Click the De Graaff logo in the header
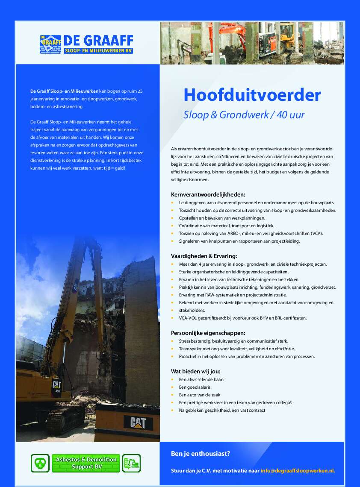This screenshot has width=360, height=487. coord(86,44)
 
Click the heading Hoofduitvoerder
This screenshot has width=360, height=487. coord(252,95)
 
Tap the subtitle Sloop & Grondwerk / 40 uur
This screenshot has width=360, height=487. coord(244,114)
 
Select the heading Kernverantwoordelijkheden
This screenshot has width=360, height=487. coord(208,194)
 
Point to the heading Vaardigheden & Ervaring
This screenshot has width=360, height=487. coord(204,256)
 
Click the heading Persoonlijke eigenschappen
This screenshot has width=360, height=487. coord(208,333)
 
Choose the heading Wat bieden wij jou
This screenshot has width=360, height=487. coord(196,371)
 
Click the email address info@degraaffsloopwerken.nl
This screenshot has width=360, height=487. coord(298,470)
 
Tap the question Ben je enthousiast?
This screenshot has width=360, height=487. coord(201,453)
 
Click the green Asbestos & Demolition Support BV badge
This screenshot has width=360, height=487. coord(86,463)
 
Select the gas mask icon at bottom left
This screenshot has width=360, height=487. coord(40,463)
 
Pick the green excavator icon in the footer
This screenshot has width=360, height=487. coord(132,463)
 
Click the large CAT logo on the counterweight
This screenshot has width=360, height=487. coord(138,422)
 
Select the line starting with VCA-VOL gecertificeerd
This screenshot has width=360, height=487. coord(242,318)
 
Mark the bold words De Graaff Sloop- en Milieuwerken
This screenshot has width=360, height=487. coord(64,91)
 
